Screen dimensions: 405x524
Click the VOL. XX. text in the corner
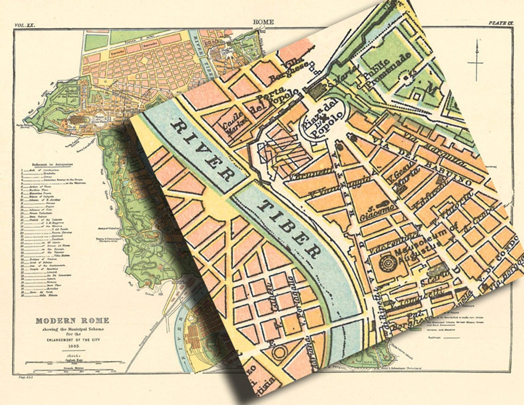pos(24,26)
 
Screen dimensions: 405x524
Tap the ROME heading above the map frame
pos(263,22)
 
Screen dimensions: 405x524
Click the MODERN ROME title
pos(73,320)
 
